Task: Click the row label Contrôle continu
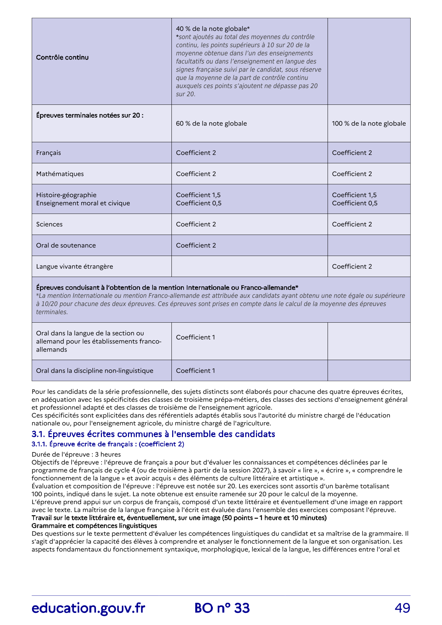tap(62, 57)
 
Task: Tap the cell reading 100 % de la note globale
tap(369, 124)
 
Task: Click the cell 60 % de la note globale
tap(211, 124)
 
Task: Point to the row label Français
tap(48, 153)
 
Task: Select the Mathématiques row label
tap(60, 174)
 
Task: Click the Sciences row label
tap(49, 224)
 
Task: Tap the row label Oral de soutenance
tap(66, 245)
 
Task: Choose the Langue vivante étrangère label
tap(74, 267)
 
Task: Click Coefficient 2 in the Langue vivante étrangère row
tap(352, 267)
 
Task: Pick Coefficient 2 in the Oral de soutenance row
tap(196, 245)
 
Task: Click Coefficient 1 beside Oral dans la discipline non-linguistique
tap(195, 371)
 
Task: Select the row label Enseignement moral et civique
tap(83, 203)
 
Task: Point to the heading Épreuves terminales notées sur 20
tap(90, 116)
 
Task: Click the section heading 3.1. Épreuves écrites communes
tap(153, 434)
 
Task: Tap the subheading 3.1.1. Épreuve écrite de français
tap(108, 444)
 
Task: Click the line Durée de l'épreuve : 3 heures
tap(76, 455)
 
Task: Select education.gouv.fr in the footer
tap(88, 608)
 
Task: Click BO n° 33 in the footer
tap(222, 608)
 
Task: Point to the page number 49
tap(402, 608)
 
